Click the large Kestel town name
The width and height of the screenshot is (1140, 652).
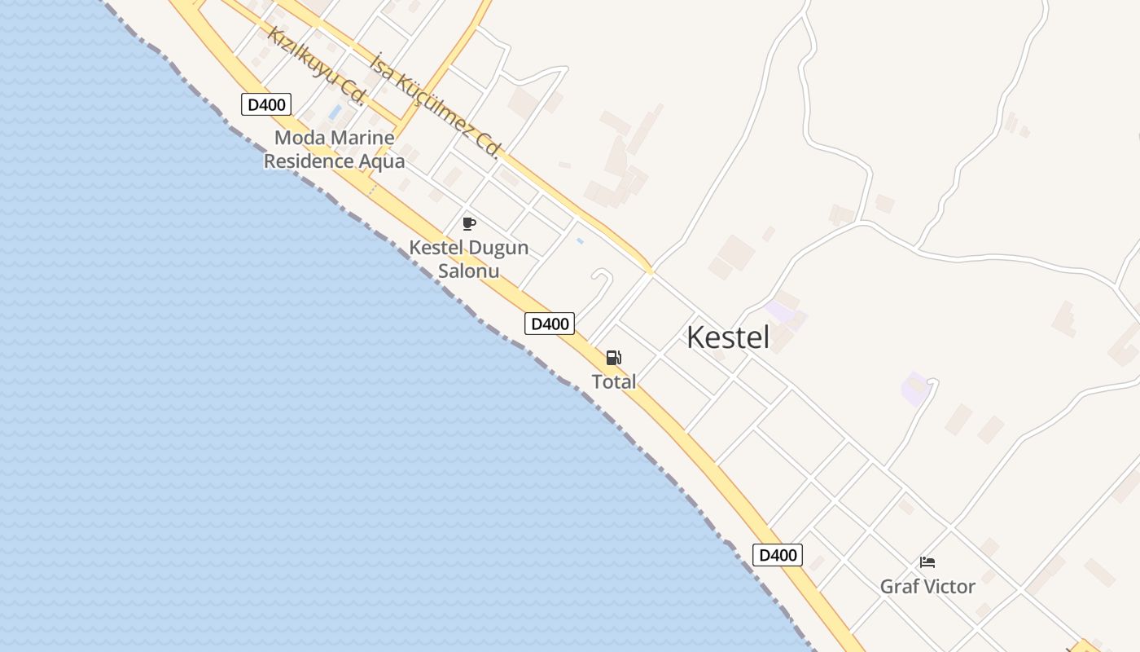727,337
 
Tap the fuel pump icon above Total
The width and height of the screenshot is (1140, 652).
613,357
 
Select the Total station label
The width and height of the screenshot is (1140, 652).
614,381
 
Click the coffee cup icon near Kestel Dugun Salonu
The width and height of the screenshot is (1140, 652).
468,223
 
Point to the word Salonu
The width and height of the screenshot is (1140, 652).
468,271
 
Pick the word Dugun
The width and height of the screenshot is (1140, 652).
498,247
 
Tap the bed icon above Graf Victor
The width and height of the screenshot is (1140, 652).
927,562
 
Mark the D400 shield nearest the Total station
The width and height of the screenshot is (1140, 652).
550,324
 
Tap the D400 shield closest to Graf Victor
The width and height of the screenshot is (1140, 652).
777,555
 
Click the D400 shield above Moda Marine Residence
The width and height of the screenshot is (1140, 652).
266,104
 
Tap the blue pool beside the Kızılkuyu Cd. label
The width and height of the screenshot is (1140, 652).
335,112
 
